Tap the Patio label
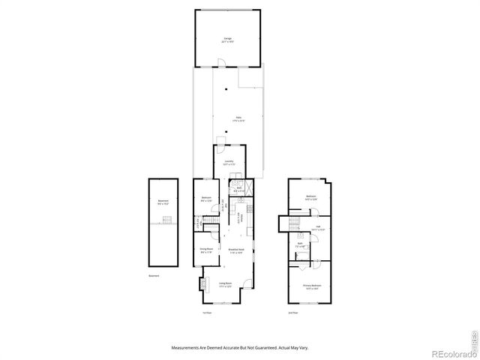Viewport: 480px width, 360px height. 238,118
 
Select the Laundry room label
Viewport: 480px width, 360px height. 226,162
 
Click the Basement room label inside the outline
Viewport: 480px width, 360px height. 163,201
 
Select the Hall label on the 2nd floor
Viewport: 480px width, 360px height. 317,227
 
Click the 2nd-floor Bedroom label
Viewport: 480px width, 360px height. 311,198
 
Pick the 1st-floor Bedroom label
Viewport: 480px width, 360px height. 206,198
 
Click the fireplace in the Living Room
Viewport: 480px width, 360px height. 201,285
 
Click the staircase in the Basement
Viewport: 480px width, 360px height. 167,219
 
